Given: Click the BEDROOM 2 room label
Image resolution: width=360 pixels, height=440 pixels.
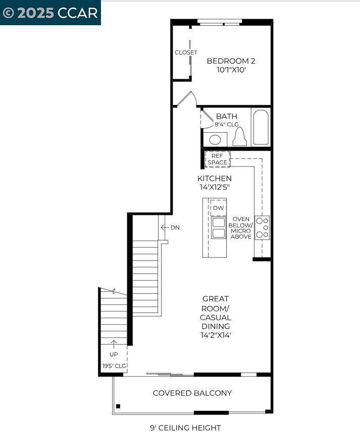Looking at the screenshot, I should click(231, 61).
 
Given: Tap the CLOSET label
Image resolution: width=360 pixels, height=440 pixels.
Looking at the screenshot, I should click(186, 52).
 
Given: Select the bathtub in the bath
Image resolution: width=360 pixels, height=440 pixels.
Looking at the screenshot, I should click(261, 127).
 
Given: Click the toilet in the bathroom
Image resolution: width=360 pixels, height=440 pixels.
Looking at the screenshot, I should click(240, 137).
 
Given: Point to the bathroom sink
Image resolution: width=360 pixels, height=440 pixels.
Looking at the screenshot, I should click(216, 139).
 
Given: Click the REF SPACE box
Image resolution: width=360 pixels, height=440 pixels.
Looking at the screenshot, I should click(218, 159).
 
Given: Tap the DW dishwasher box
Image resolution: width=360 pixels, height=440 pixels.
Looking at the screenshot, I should click(218, 208).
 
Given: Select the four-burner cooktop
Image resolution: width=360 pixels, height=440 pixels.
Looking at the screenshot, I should click(262, 228).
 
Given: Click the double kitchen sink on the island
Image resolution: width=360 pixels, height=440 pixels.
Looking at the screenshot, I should click(219, 228).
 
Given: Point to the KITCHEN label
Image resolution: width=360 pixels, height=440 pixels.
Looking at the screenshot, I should click(215, 179).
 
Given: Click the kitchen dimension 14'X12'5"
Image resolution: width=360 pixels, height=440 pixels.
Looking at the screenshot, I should click(215, 187).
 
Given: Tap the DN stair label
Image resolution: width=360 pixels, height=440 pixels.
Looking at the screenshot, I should click(175, 228).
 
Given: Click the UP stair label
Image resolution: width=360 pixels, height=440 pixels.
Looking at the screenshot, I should click(114, 354).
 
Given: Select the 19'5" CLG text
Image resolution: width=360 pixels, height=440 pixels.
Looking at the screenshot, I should click(114, 366).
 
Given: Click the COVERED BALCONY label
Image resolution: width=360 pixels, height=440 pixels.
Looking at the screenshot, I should click(192, 393).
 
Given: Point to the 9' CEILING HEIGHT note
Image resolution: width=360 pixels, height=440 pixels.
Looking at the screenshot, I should click(185, 428).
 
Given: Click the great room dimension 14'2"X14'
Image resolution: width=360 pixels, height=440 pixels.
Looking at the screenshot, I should click(216, 335).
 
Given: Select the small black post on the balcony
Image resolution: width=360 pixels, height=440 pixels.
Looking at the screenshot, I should click(118, 406).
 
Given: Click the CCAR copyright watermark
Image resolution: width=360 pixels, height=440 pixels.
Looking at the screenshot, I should click(50, 13).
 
